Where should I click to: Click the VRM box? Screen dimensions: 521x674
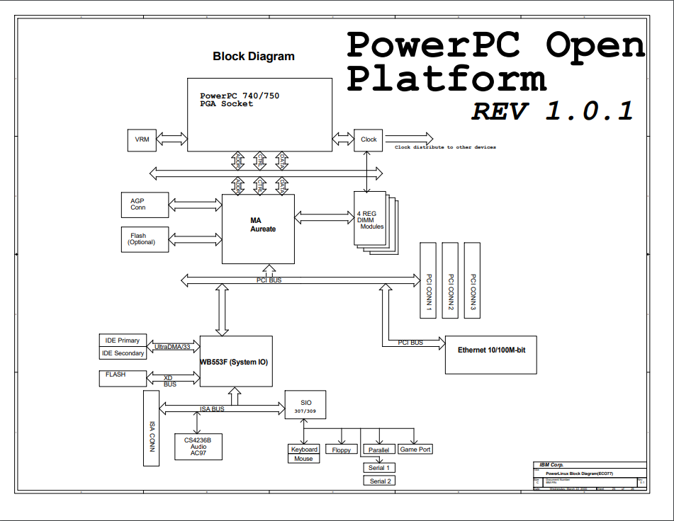tap(141, 139)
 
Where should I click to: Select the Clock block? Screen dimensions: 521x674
tap(369, 139)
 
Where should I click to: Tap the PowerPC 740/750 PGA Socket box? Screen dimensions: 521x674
tap(259, 114)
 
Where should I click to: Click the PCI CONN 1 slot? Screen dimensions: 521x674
tap(429, 280)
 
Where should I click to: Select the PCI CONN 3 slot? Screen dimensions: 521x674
tap(472, 280)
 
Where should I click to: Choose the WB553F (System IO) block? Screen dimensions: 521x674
tap(235, 361)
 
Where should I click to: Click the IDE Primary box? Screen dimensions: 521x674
tap(122, 340)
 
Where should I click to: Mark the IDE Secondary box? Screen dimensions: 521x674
tap(122, 353)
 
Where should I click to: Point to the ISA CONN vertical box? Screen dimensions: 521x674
tap(151, 428)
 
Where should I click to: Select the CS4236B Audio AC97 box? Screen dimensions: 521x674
tap(198, 447)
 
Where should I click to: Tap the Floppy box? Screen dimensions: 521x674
tap(341, 450)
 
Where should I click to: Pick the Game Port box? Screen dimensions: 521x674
tap(415, 450)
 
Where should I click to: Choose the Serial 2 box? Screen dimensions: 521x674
tap(379, 481)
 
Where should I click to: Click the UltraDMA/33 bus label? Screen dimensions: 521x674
tap(172, 347)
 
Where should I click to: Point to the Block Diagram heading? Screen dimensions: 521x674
tap(254, 57)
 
